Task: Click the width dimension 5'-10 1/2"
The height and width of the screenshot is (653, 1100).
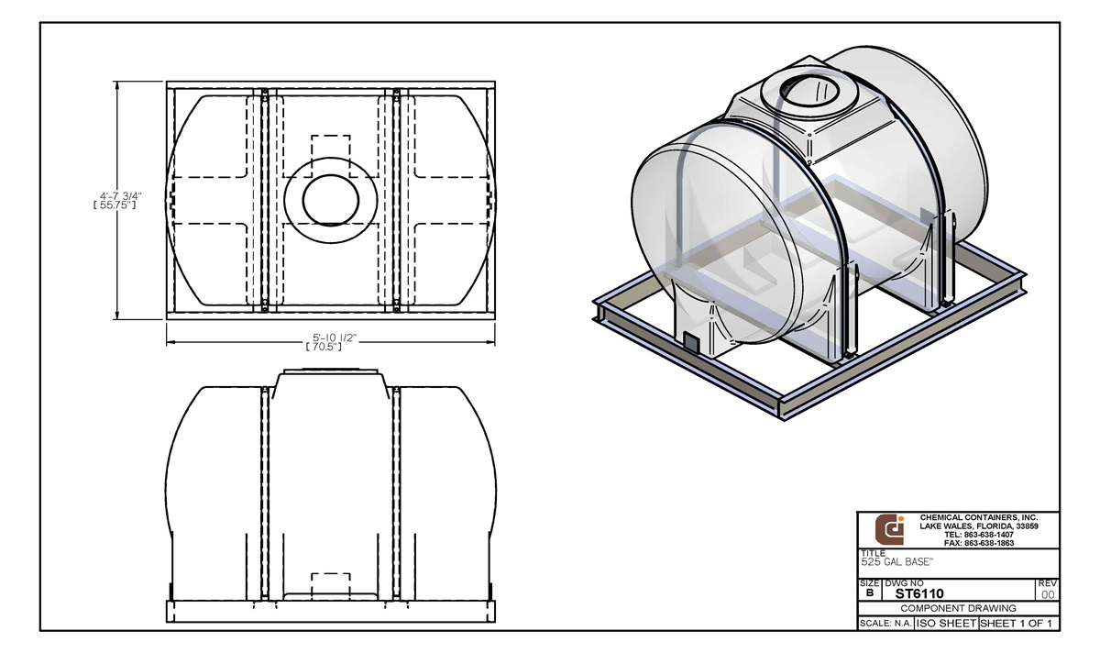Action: point(331,338)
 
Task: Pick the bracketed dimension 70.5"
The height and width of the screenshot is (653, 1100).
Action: point(331,348)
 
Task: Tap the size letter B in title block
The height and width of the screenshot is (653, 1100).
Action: point(869,593)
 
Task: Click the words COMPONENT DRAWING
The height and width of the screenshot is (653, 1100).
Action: point(957,608)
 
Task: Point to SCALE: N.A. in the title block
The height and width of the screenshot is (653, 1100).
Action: point(885,624)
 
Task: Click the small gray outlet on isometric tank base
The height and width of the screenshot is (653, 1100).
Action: point(692,342)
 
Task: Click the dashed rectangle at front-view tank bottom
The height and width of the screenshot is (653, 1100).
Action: point(331,583)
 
